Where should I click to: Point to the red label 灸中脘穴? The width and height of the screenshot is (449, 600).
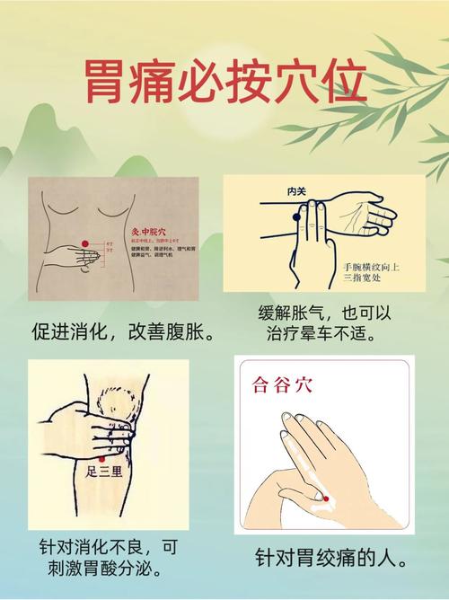pos(149,230)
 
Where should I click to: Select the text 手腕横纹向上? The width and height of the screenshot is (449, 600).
pos(370,267)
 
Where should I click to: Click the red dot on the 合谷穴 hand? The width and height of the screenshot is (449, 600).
pos(326,498)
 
